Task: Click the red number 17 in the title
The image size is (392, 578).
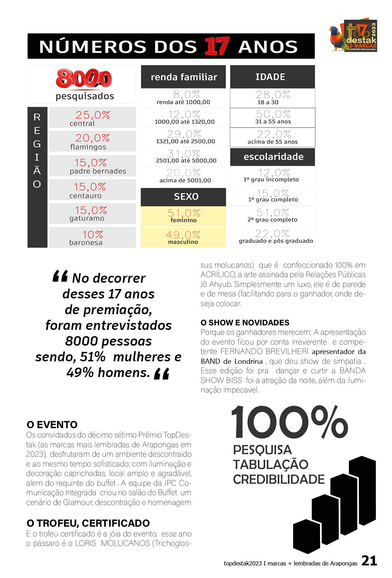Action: [217, 46]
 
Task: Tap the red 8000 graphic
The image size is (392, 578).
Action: [84, 79]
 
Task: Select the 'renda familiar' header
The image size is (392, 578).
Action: [183, 77]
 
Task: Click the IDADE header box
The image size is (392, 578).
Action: [272, 77]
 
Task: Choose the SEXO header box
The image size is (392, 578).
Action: [183, 197]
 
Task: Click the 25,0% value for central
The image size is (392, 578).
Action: [93, 115]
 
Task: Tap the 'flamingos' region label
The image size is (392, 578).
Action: [88, 147]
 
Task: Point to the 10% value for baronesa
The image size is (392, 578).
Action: [93, 234]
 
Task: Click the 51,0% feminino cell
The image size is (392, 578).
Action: [183, 216]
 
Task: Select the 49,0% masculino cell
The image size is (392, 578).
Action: [183, 238]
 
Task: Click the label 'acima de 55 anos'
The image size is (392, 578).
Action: [273, 142]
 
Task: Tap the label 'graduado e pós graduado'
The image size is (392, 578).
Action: [276, 241]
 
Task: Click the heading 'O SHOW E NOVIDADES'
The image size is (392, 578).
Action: [245, 323]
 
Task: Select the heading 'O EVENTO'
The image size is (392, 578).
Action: [52, 425]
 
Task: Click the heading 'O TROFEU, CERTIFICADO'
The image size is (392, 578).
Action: [88, 523]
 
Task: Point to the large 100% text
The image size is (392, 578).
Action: [289, 422]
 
